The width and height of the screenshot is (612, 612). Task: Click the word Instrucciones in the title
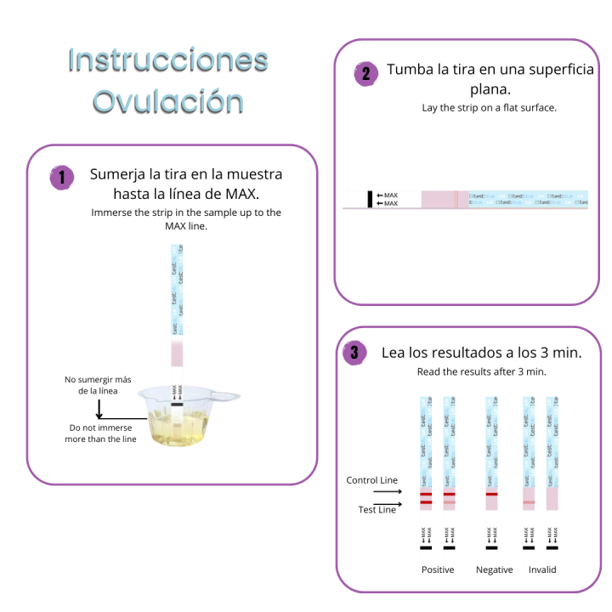point(167,60)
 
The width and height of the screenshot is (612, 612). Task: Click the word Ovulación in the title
point(167,101)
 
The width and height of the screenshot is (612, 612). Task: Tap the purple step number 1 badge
point(61,178)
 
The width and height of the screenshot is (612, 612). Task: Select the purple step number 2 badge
point(365,74)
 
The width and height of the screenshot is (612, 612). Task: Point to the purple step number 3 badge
point(354,353)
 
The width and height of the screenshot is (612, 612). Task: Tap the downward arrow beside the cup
point(100,408)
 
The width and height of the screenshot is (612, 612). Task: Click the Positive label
point(438,569)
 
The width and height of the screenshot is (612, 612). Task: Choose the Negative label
point(494,569)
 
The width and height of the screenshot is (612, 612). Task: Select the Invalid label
point(541,569)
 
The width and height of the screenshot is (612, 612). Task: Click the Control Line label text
point(371,481)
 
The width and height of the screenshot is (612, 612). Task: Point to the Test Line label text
point(377,510)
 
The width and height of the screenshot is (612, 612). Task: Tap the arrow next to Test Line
point(388,505)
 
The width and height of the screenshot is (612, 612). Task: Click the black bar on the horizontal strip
point(370,200)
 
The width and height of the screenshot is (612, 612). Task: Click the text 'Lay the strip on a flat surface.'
point(489,108)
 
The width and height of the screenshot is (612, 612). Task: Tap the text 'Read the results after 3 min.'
point(481,372)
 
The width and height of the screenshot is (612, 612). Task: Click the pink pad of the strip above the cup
point(177,354)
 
